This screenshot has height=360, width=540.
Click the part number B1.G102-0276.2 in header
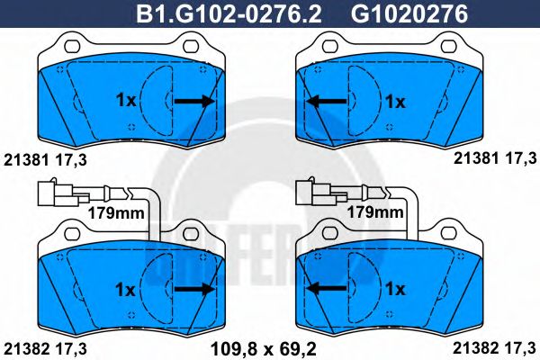pos(230,13)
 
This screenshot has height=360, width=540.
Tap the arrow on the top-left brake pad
pos(194,101)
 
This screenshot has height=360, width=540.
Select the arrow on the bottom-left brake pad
pos(194,288)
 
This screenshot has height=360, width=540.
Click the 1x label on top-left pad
pos(126,101)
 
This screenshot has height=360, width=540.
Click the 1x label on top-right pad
pos(395,101)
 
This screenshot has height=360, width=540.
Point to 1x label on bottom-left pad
pos(126,288)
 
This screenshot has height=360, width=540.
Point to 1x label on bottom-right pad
pos(395,288)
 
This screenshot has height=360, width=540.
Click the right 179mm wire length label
pos(375,212)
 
